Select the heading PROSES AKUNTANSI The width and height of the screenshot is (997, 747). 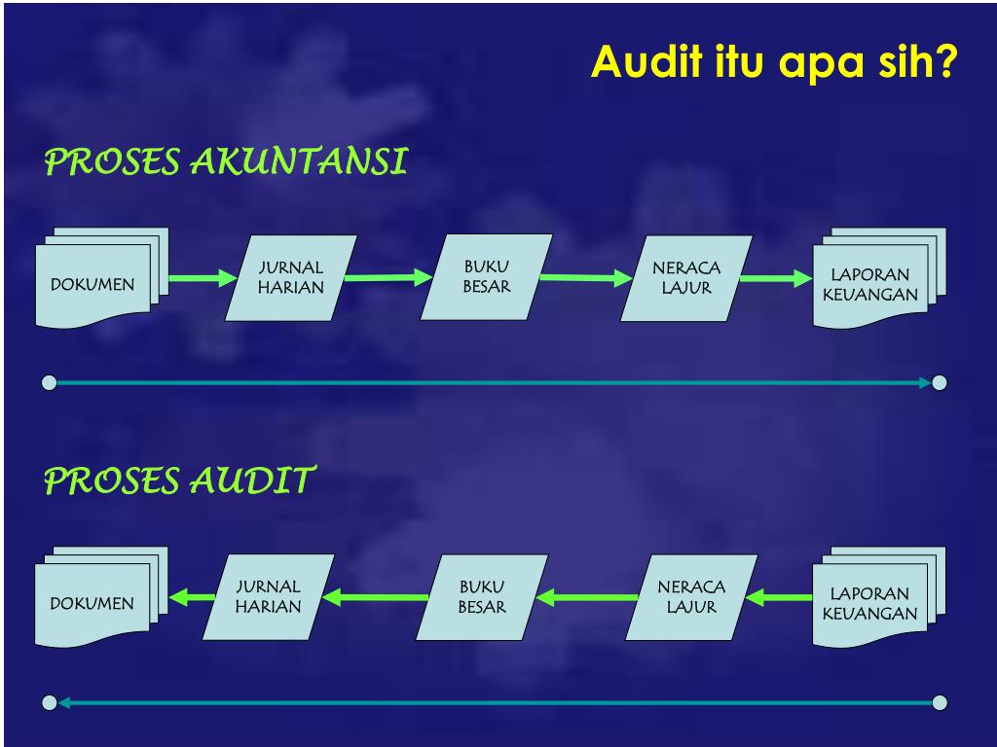[226, 162]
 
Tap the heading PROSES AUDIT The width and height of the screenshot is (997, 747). [180, 480]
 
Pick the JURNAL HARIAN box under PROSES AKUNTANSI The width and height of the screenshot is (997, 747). [290, 277]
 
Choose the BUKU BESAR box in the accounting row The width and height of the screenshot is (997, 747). [486, 276]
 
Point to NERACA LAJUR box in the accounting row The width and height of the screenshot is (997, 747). [685, 278]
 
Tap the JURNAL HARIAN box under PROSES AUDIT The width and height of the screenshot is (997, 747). [269, 596]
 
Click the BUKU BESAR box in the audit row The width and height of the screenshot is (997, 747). [482, 597]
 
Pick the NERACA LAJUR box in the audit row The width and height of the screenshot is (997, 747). [691, 597]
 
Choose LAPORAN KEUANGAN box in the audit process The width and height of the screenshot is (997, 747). [870, 602]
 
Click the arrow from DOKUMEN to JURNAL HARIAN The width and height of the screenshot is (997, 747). [203, 279]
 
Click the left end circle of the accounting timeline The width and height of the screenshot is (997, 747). [50, 382]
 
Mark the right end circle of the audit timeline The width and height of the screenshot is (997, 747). [940, 702]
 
